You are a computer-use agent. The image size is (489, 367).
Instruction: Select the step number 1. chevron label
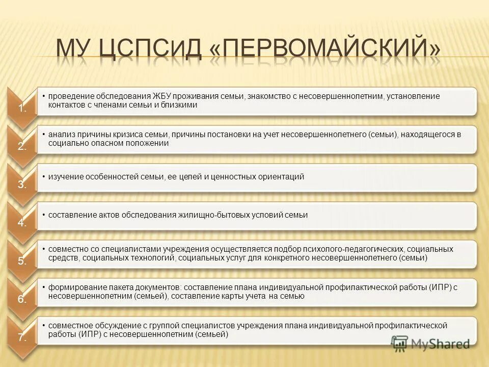tap(22, 108)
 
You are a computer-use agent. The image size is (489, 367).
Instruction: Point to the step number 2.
tap(22, 146)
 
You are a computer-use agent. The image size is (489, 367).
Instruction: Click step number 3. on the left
tap(22, 185)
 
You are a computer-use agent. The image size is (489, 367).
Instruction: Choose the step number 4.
tap(22, 223)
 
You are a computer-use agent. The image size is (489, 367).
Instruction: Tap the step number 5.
tap(22, 261)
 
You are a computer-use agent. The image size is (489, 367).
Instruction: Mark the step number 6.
tap(22, 299)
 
